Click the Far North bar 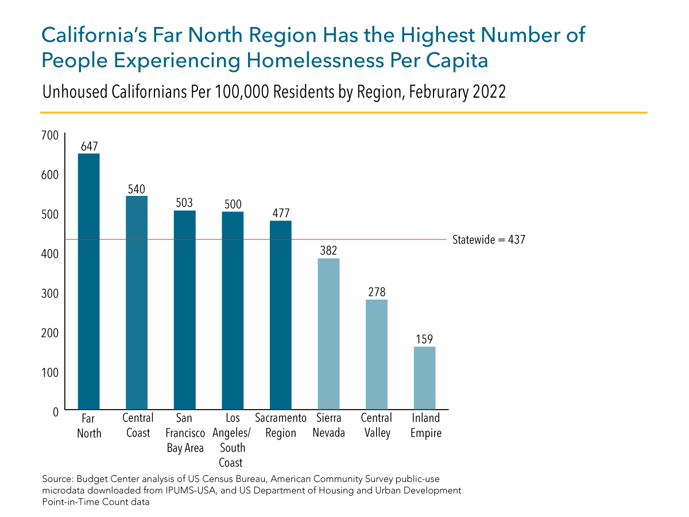(x=89, y=281)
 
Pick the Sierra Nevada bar (x=328, y=334)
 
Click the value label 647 (x=89, y=146)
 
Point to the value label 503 (x=184, y=203)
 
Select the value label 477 (x=280, y=214)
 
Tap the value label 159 (x=424, y=339)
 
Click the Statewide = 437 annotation (x=488, y=240)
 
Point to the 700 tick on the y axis (x=51, y=135)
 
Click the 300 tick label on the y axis (x=51, y=294)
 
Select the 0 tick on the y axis (x=56, y=412)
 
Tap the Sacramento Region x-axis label (x=280, y=426)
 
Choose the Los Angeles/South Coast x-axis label (x=233, y=440)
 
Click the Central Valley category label (x=376, y=426)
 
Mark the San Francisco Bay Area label (x=185, y=433)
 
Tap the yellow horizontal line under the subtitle (x=344, y=112)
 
